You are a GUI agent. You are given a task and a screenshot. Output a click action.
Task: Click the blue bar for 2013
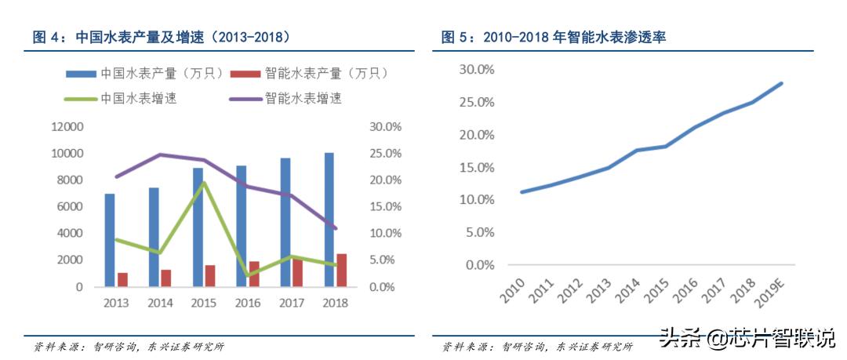pyautogui.click(x=110, y=240)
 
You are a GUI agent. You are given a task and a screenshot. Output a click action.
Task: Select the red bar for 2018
pyautogui.click(x=341, y=270)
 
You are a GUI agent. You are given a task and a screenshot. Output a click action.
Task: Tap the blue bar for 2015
pyautogui.click(x=198, y=227)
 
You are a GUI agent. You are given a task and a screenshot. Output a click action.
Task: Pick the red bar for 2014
pyautogui.click(x=165, y=278)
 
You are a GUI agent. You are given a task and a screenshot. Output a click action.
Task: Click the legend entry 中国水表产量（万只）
pyautogui.click(x=139, y=74)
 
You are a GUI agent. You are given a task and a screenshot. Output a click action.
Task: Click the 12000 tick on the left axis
pyautogui.click(x=67, y=127)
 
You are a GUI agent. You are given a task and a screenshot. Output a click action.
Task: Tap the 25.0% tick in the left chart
pyautogui.click(x=386, y=154)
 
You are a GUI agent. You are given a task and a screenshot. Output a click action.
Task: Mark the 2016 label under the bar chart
pyautogui.click(x=248, y=303)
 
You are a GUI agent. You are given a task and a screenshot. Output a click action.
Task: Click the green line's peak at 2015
pyautogui.click(x=204, y=183)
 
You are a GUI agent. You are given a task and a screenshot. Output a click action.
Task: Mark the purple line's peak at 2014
pyautogui.click(x=160, y=155)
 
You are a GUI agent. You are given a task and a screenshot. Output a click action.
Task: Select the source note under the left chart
pyautogui.click(x=129, y=347)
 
